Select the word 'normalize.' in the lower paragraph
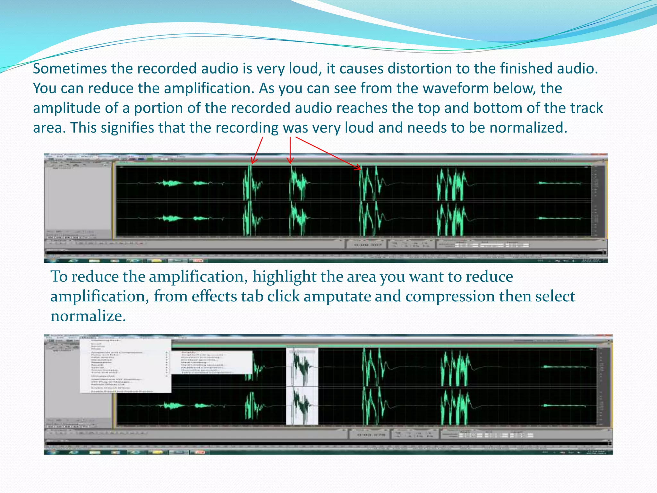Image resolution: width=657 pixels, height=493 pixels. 88,316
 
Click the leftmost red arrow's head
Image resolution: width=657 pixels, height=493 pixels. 253,162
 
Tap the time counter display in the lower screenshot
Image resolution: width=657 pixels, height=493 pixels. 369,435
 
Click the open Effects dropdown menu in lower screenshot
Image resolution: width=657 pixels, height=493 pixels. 125,366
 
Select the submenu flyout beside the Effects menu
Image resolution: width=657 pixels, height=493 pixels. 212,362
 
